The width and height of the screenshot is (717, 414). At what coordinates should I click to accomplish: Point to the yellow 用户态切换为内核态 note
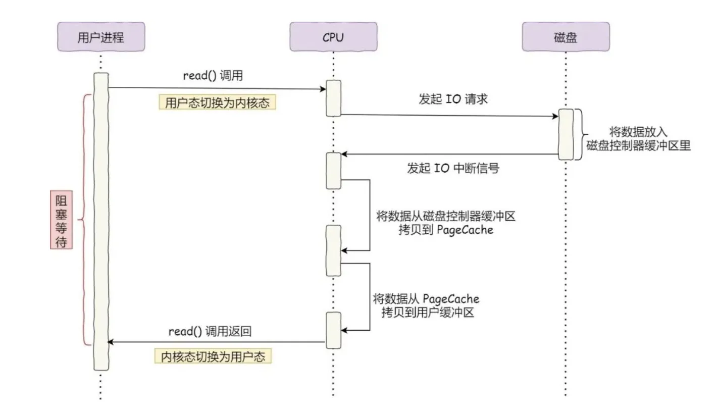(218, 103)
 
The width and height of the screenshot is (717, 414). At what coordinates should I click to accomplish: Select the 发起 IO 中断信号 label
(453, 169)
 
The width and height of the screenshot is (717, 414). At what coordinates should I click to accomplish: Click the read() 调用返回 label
(210, 332)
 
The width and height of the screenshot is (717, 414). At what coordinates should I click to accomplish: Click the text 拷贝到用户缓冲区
(428, 312)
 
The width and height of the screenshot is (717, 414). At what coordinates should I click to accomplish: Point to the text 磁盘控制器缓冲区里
(638, 146)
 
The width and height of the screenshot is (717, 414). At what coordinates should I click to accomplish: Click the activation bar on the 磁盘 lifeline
(566, 134)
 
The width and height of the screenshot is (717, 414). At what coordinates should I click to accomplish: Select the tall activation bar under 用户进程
(101, 221)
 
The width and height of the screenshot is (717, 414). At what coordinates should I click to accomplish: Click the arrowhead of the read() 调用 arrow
(323, 89)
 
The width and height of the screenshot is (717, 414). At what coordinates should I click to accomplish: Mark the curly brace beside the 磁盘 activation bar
(581, 134)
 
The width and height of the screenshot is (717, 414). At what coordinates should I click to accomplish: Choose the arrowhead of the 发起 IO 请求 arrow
(555, 116)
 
